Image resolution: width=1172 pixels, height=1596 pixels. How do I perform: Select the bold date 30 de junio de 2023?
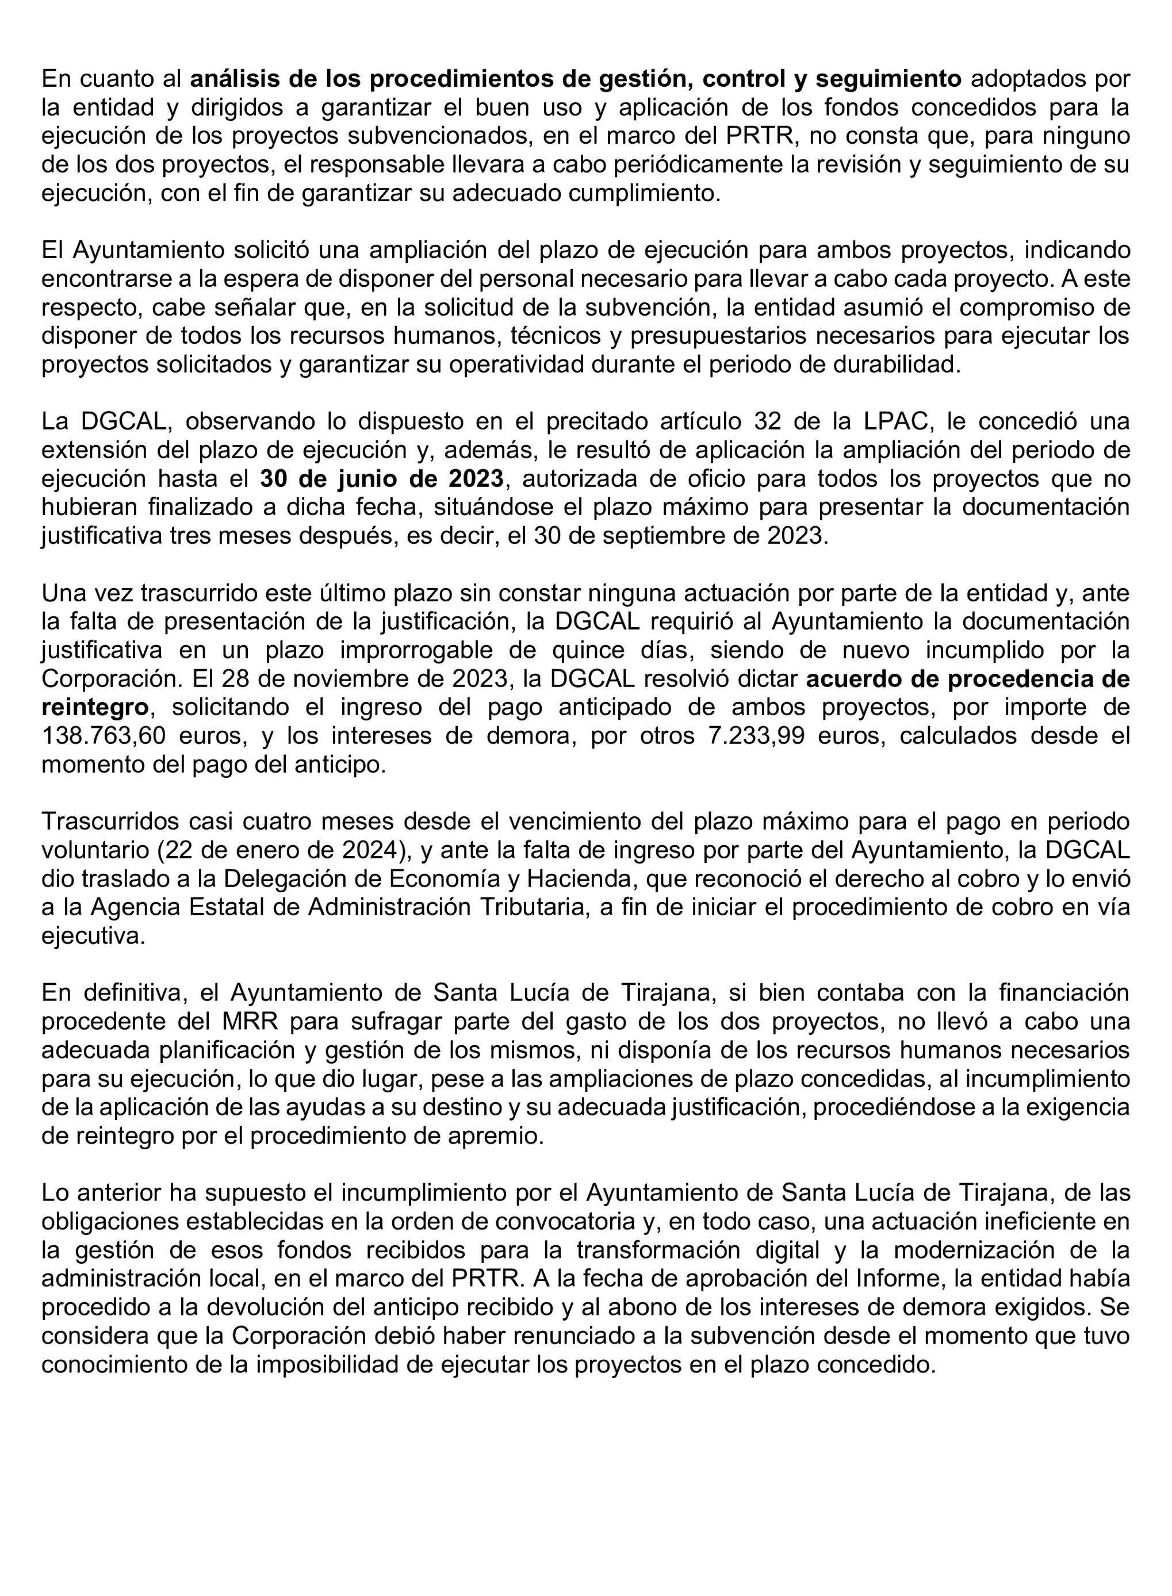(x=382, y=479)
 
